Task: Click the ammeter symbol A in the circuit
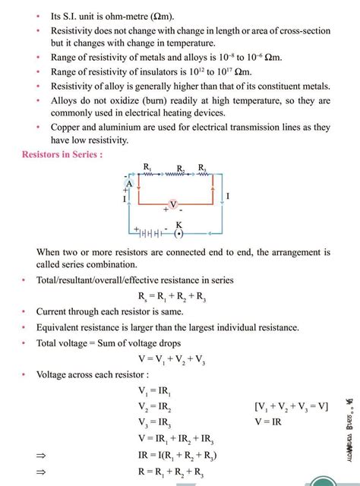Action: click(x=130, y=185)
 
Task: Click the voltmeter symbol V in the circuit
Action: click(x=173, y=205)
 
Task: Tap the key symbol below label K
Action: click(x=179, y=233)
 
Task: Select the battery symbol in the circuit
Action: click(x=153, y=232)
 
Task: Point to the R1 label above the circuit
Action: click(x=147, y=166)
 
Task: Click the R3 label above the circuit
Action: click(x=201, y=166)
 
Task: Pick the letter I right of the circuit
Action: click(x=228, y=196)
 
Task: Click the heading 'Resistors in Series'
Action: click(x=62, y=154)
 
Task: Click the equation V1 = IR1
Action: click(x=155, y=392)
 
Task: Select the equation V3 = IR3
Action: click(x=155, y=422)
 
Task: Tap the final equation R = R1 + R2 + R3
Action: click(x=173, y=471)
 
